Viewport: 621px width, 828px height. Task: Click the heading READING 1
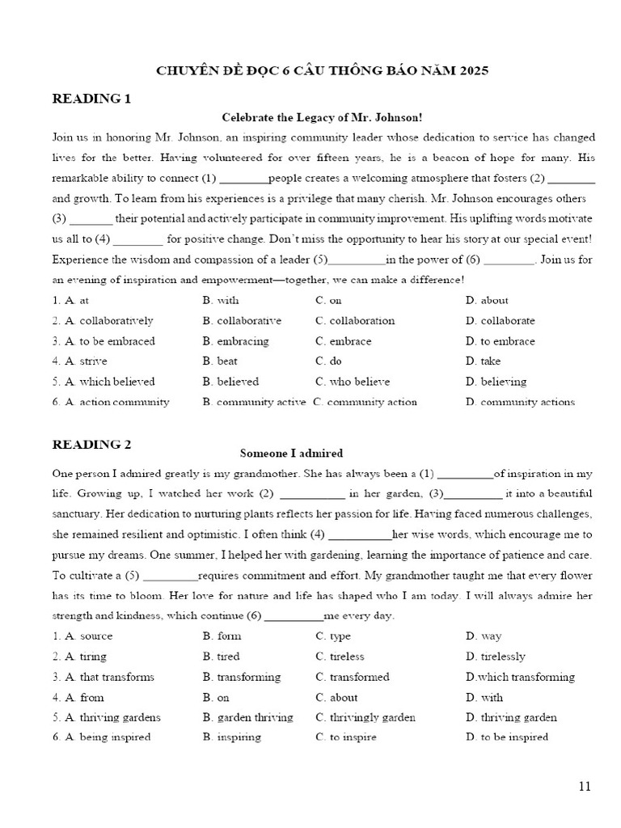[x=91, y=99]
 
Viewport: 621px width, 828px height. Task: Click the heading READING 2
[x=91, y=444]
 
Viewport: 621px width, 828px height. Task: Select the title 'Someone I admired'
[x=291, y=454]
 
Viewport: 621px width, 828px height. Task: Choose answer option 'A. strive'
[x=79, y=361]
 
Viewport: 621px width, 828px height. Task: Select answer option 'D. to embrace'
[x=501, y=341]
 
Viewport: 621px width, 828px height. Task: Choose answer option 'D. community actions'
[x=520, y=402]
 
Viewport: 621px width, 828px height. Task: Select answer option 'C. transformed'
[x=353, y=677]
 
